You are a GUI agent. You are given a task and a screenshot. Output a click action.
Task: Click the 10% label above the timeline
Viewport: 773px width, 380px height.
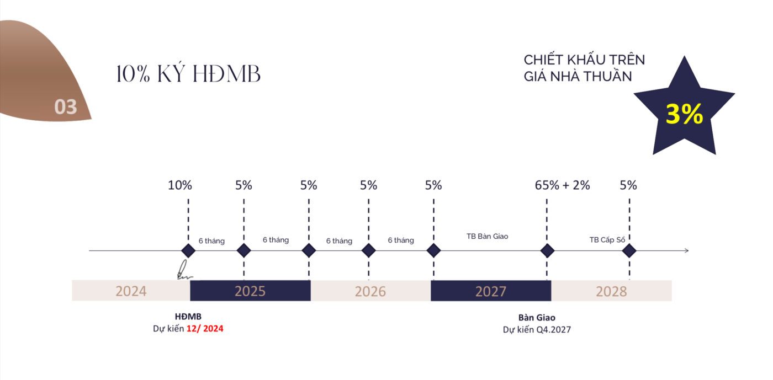(180, 185)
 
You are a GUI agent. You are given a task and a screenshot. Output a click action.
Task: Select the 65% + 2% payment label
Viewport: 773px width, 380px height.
(562, 185)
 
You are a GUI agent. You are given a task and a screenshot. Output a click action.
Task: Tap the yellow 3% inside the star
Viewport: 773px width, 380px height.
(684, 114)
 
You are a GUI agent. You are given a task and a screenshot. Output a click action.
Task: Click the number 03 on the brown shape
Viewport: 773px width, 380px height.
(66, 107)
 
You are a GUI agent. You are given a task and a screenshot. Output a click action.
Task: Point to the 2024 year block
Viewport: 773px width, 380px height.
(131, 291)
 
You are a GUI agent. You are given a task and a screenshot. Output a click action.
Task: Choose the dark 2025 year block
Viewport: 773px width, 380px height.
(250, 291)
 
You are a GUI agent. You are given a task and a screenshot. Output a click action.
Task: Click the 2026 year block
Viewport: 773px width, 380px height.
(370, 291)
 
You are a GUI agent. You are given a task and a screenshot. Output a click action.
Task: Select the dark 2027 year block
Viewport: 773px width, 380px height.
(491, 291)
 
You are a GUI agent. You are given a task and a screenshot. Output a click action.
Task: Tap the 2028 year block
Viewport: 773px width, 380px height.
(612, 291)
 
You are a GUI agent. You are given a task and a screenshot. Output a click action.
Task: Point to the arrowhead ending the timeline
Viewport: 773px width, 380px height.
(687, 251)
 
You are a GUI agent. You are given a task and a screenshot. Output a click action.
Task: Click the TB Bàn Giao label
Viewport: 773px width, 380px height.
(487, 236)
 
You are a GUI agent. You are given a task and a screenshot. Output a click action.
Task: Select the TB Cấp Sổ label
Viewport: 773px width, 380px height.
(607, 240)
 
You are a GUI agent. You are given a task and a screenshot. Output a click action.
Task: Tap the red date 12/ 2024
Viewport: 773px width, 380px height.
(205, 329)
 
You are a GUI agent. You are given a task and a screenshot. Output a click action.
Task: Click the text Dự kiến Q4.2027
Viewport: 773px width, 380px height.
(537, 330)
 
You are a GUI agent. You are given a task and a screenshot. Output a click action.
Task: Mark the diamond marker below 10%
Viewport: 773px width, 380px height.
(188, 251)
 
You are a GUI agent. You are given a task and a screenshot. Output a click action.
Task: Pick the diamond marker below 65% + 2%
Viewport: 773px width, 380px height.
(547, 251)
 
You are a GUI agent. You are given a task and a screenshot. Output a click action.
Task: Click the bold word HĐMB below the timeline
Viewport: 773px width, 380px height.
(188, 317)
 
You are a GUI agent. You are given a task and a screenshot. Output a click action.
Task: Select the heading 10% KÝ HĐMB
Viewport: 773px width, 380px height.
(188, 74)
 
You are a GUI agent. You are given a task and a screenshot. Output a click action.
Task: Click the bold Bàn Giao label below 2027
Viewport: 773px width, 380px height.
(537, 318)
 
